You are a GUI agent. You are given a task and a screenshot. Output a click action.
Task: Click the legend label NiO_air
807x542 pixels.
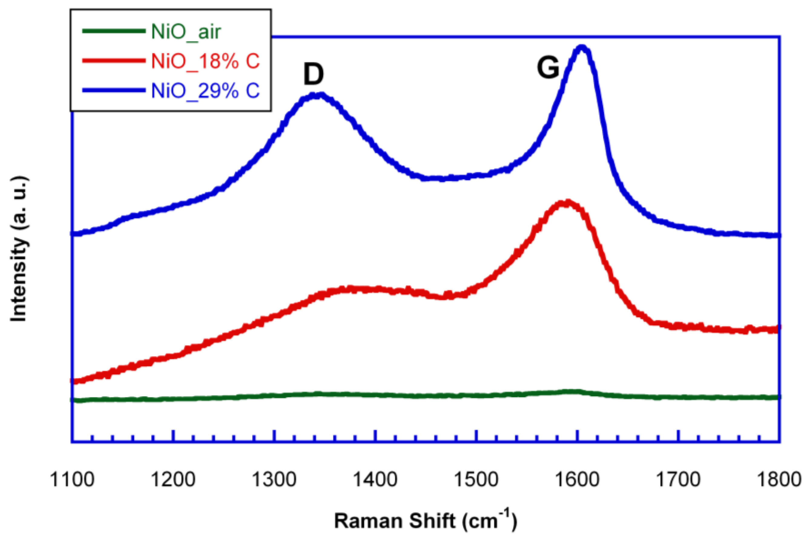pyautogui.click(x=186, y=32)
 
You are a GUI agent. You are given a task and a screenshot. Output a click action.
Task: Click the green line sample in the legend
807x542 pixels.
pyautogui.click(x=114, y=31)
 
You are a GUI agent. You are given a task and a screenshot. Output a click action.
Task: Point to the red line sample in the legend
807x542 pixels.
pyautogui.click(x=114, y=60)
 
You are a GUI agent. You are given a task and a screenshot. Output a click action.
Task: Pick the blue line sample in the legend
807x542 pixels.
pyautogui.click(x=114, y=90)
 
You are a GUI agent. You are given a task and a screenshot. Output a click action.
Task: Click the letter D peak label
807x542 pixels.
pyautogui.click(x=313, y=75)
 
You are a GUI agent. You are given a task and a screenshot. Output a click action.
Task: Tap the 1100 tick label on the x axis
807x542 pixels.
pyautogui.click(x=72, y=480)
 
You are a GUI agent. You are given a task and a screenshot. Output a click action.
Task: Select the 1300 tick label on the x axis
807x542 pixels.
pyautogui.click(x=274, y=480)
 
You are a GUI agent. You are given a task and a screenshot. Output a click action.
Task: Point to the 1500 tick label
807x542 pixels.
pyautogui.click(x=476, y=480)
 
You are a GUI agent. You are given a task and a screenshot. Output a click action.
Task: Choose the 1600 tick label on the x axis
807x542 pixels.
pyautogui.click(x=577, y=480)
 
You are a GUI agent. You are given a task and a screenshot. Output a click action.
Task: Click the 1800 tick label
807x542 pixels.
pyautogui.click(x=778, y=480)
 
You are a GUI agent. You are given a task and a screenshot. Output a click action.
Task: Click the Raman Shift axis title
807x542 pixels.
pyautogui.click(x=426, y=521)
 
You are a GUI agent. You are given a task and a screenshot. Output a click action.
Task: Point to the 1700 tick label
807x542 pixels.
pyautogui.click(x=678, y=480)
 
